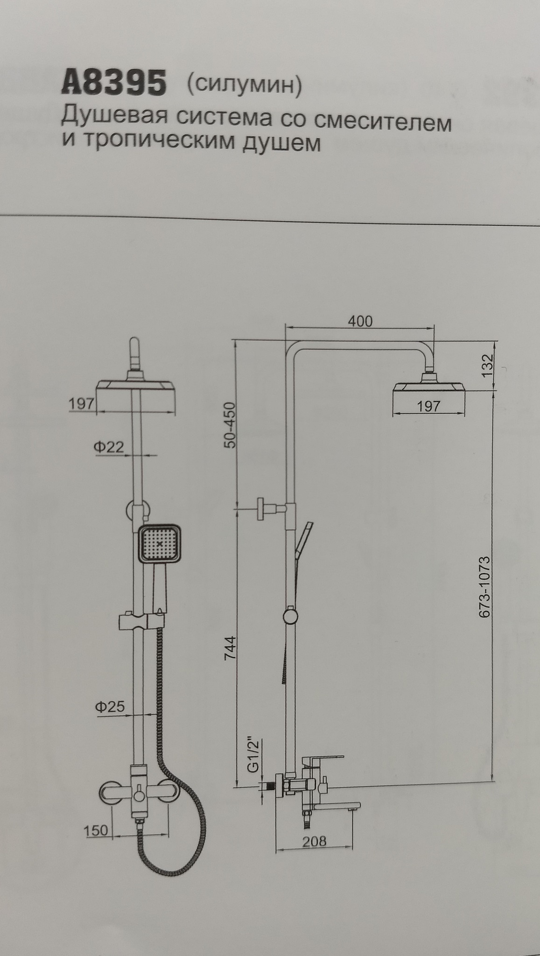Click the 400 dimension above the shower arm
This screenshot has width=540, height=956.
click(360, 321)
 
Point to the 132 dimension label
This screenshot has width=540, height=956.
click(488, 366)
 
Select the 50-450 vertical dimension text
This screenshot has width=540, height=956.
click(231, 425)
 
